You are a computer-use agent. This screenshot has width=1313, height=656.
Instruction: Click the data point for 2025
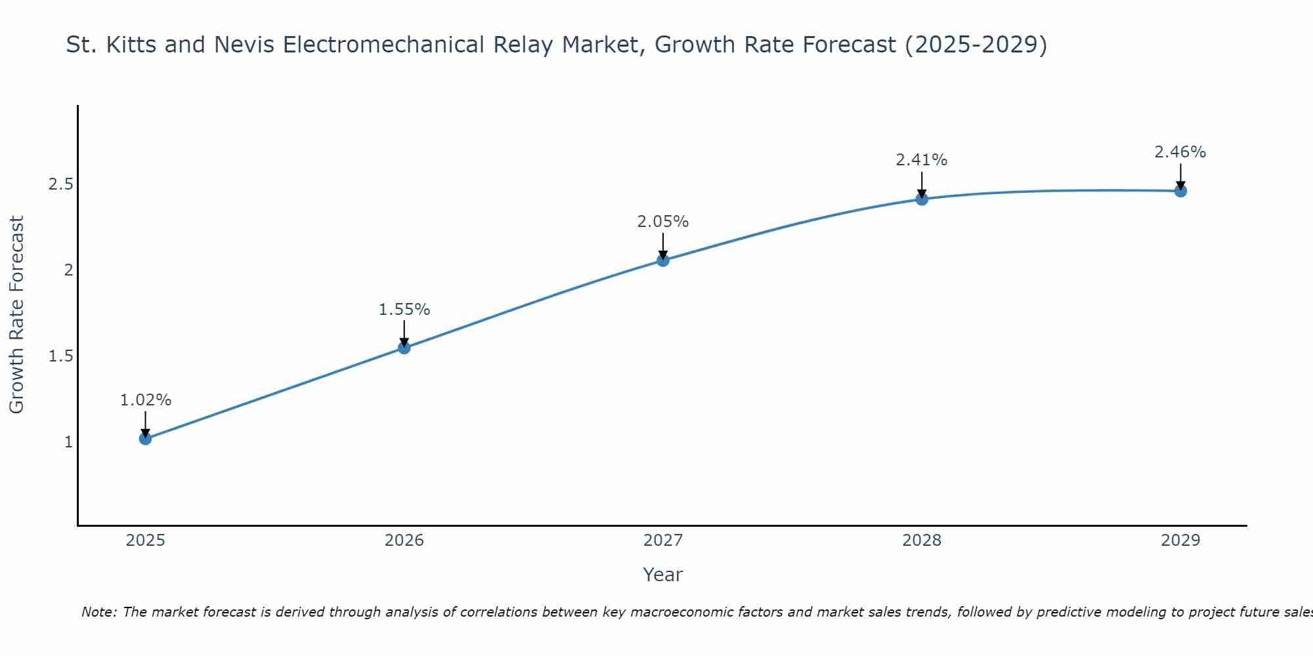146,438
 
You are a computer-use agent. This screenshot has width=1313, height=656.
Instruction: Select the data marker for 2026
404,348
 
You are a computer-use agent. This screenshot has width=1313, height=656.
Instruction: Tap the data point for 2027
663,260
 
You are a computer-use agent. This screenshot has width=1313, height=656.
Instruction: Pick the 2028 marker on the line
922,199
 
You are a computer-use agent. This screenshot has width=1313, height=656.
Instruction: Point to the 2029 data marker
1180,191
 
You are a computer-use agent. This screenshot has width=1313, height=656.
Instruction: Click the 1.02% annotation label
146,400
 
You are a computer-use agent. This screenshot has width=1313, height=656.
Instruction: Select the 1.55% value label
404,310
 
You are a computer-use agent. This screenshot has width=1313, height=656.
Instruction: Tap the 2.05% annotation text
663,222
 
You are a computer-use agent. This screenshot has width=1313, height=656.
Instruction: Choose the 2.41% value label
922,160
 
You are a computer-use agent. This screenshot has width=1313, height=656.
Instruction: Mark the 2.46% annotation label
1180,152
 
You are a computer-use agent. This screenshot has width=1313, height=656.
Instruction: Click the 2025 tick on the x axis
146,541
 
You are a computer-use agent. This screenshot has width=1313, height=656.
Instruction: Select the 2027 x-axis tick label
663,541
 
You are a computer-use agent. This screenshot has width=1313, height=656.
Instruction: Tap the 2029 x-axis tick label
1180,541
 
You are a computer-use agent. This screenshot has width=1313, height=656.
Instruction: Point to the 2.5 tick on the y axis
60,184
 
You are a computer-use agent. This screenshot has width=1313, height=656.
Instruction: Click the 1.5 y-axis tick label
60,356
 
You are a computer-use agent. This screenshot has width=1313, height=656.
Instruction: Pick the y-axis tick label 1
68,442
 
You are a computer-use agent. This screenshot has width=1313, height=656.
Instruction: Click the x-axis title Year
663,575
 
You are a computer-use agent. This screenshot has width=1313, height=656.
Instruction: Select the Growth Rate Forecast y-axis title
17,315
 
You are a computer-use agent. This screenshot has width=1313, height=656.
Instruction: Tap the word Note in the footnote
98,612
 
